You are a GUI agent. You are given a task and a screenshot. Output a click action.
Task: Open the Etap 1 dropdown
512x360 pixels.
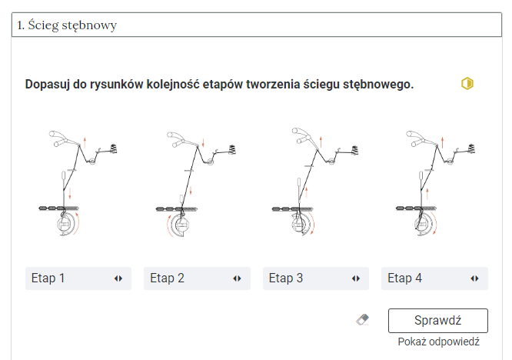click(x=78, y=278)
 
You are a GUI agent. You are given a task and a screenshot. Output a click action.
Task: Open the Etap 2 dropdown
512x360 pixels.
click(x=197, y=278)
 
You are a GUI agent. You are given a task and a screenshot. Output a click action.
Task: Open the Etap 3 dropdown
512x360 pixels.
click(x=316, y=278)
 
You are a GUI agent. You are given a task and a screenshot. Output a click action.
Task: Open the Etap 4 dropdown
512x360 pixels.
click(x=434, y=278)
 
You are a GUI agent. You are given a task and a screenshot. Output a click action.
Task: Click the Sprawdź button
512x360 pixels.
click(x=438, y=321)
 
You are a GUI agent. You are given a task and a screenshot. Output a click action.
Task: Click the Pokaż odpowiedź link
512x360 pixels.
click(x=438, y=342)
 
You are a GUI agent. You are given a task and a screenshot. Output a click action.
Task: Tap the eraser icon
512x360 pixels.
click(x=362, y=319)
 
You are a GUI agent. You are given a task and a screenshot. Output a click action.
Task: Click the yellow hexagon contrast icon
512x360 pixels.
click(x=467, y=84)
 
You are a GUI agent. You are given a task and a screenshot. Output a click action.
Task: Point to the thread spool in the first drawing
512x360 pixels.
click(x=114, y=148)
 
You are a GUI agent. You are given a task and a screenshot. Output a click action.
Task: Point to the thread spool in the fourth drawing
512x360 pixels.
click(x=471, y=148)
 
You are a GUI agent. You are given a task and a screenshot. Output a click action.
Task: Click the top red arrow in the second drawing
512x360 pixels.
click(x=203, y=143)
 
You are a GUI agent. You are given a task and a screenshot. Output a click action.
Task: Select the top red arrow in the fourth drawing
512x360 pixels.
click(x=443, y=142)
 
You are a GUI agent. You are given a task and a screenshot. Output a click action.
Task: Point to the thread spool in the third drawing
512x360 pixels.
click(x=354, y=150)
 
